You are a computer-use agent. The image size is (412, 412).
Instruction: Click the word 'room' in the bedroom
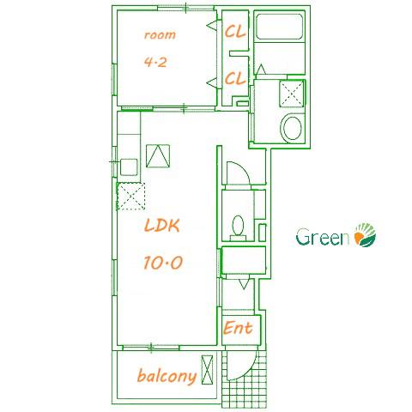tap(160, 35)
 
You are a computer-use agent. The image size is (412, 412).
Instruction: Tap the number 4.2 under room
tap(155, 62)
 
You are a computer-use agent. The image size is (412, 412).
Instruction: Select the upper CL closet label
tap(235, 32)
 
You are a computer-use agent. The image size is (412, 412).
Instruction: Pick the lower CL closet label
tap(235, 78)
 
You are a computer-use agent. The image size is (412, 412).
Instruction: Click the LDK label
tap(161, 226)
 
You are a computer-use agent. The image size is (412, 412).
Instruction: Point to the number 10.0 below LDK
tap(163, 263)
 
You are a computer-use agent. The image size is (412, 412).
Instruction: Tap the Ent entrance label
tap(238, 328)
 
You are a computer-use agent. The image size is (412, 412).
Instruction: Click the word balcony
tap(167, 376)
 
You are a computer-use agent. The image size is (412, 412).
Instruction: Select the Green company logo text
tap(323, 237)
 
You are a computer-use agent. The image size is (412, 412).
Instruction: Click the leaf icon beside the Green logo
tap(365, 235)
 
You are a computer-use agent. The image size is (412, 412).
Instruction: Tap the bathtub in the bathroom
tap(279, 27)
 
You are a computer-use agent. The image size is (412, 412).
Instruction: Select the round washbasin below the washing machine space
tap(292, 128)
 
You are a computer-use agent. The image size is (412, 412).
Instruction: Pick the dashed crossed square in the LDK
tap(130, 196)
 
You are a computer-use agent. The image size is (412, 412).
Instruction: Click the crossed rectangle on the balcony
tap(207, 370)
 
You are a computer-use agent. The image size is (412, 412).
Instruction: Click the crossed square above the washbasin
tap(292, 94)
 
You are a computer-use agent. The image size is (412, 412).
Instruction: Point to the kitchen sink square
tap(129, 167)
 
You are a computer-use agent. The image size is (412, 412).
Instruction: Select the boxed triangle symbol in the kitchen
tap(158, 156)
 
